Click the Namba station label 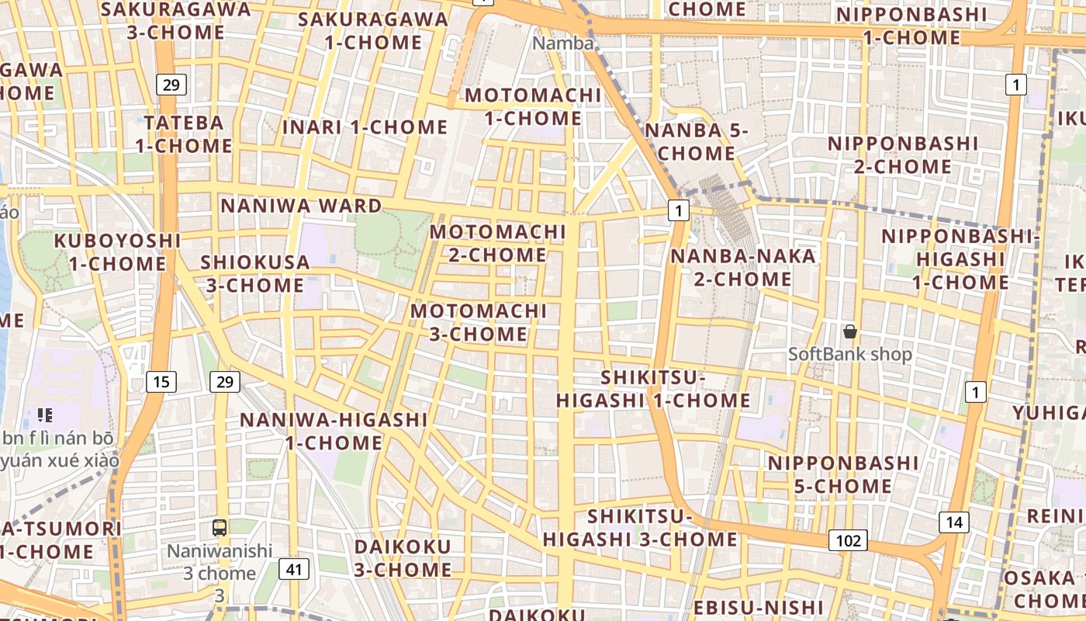(x=563, y=43)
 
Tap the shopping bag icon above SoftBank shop (x=850, y=331)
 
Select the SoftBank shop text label (x=850, y=355)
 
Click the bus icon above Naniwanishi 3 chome (x=220, y=528)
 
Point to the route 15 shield (x=161, y=381)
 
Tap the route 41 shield (x=293, y=569)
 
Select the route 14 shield (x=953, y=522)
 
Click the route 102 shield (x=848, y=540)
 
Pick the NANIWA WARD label (x=302, y=206)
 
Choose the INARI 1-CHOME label (x=365, y=127)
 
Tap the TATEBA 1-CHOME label (x=184, y=134)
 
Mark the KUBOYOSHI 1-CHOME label (x=117, y=252)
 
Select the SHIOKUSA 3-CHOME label (x=255, y=273)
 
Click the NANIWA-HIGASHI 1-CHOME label (x=334, y=431)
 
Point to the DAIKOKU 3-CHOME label (x=403, y=557)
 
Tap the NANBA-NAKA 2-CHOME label (x=743, y=267)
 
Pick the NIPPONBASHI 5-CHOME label (x=843, y=474)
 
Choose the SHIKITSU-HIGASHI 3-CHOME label (x=640, y=528)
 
